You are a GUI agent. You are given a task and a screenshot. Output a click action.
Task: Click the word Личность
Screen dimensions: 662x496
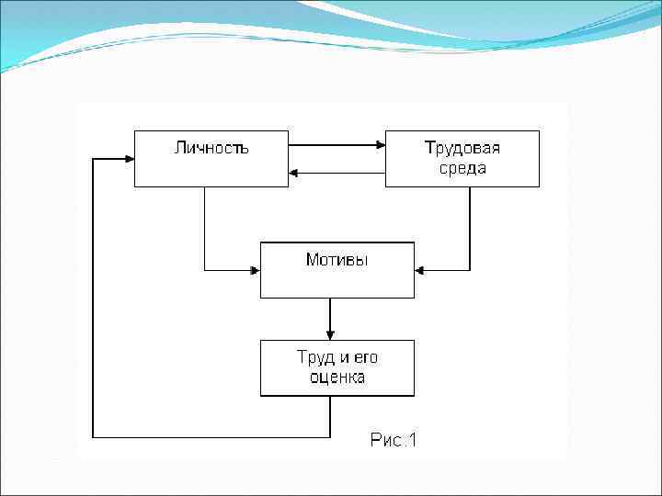211,147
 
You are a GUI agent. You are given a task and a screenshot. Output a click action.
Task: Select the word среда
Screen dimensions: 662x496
462,168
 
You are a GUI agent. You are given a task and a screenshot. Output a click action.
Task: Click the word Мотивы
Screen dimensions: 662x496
337,260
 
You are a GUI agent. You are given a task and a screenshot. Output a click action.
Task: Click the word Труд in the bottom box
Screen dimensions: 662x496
314,357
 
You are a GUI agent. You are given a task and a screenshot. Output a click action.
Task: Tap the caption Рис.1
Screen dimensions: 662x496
394,441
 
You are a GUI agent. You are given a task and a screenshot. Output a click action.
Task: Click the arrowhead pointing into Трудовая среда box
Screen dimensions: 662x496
379,144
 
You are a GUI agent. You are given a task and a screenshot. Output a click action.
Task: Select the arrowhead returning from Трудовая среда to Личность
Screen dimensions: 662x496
294,173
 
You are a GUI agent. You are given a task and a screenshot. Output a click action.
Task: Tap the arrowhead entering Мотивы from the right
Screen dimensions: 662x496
420,270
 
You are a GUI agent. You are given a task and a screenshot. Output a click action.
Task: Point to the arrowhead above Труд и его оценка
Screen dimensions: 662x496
330,334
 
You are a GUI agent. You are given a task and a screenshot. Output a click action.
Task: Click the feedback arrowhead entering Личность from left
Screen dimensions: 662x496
129,158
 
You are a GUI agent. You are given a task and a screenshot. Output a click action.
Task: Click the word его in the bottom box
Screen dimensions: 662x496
363,357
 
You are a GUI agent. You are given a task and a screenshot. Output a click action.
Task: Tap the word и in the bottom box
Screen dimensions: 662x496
340,357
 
